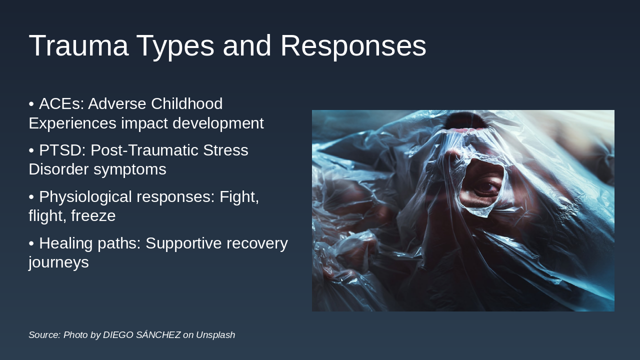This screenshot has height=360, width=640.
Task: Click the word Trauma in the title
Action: [x=78, y=45]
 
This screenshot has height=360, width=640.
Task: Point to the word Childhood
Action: [x=187, y=103]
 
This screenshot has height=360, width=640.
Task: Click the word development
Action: [x=218, y=123]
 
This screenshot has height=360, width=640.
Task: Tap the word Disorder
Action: [x=58, y=169]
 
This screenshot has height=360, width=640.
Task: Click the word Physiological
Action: [x=85, y=197]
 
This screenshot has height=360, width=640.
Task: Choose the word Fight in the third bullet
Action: [x=239, y=197]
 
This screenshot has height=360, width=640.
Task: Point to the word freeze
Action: [x=93, y=215]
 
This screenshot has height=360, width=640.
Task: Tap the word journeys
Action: [x=58, y=263]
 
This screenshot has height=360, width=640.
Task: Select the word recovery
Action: [x=257, y=243]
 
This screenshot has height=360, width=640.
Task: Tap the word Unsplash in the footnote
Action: [x=215, y=335]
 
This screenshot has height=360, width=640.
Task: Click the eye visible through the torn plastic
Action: [x=485, y=187]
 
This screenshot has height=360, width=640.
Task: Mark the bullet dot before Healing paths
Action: [x=31, y=243]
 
